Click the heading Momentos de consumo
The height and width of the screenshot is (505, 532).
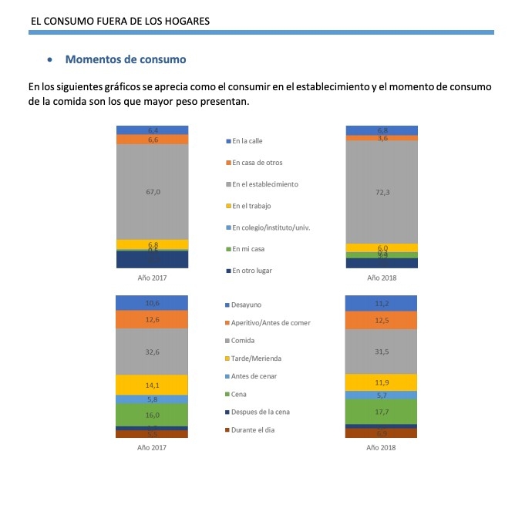126,59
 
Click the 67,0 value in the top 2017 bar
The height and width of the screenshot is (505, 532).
153,191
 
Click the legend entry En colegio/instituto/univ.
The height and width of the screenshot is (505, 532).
271,227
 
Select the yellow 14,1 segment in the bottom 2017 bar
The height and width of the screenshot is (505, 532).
153,385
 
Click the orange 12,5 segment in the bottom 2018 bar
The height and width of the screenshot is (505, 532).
382,320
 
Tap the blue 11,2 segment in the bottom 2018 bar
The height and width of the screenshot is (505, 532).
382,303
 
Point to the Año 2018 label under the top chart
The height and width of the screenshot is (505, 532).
382,278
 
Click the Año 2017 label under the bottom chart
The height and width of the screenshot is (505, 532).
152,447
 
